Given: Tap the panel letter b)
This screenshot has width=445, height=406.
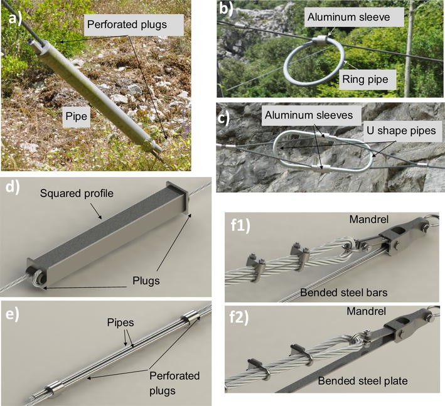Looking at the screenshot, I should point(227,11).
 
